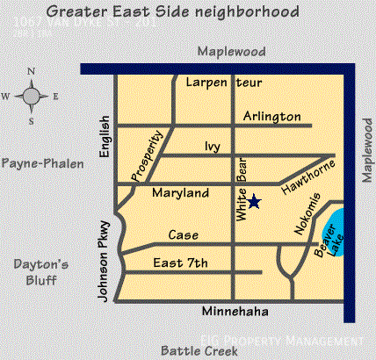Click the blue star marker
click(x=253, y=202)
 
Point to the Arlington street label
click(x=271, y=116)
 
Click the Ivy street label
click(x=211, y=147)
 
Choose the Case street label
click(x=184, y=235)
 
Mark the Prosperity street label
click(x=148, y=157)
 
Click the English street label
click(x=105, y=138)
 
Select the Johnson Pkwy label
click(x=104, y=260)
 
